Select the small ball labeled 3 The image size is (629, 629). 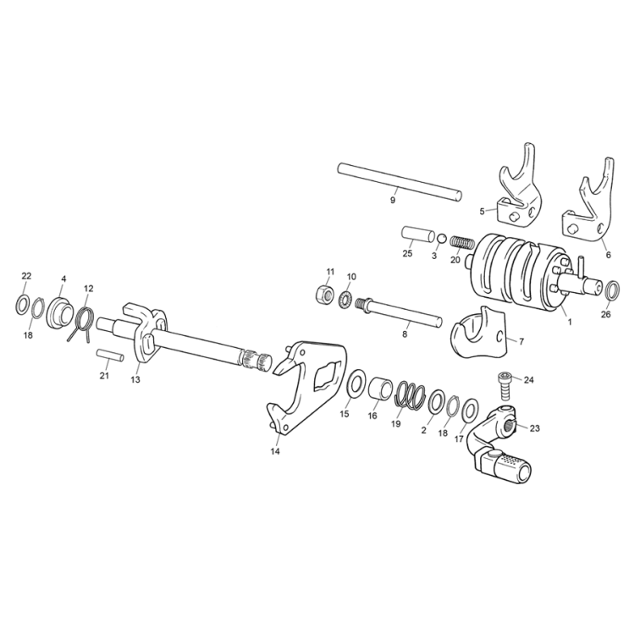pos(441,239)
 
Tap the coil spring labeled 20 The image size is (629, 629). pos(461,243)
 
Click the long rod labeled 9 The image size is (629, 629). pos(400,182)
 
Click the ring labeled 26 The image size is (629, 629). pos(612,290)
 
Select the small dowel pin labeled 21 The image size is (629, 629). pos(110,356)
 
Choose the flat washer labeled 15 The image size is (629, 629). pos(356,384)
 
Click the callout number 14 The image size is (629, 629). pos(275,451)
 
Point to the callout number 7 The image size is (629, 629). pos(521,342)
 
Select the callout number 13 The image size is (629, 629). pos(135,379)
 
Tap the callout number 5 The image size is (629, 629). pos(483,211)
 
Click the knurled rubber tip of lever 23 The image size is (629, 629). pos(512,466)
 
